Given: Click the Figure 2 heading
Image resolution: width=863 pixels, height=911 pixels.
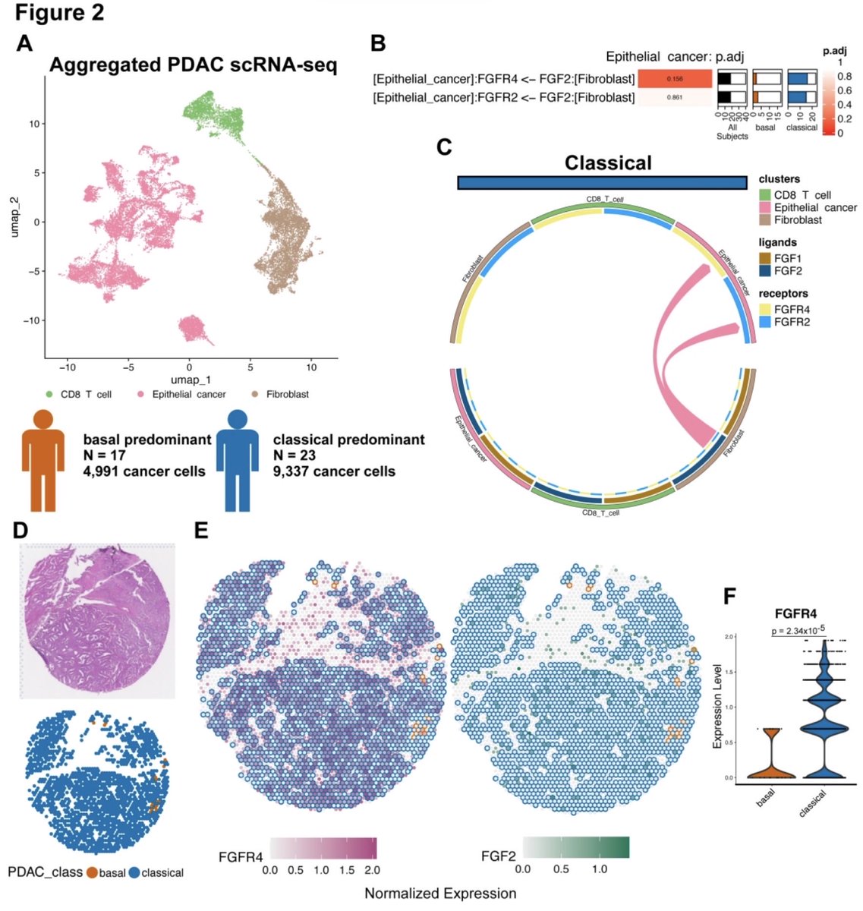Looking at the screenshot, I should pos(60,13).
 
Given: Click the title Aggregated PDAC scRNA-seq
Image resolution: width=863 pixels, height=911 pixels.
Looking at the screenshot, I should pos(194,65).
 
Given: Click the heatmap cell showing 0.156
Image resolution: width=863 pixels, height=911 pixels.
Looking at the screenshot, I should pos(674,79).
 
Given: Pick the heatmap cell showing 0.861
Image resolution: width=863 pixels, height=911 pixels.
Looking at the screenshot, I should pos(674,97).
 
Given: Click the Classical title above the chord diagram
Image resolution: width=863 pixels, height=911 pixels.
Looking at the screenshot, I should pos(607,162).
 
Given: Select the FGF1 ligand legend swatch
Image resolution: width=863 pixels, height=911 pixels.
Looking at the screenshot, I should pos(765,259).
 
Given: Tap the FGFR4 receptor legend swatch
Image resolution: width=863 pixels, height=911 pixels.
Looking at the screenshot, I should pos(765,310).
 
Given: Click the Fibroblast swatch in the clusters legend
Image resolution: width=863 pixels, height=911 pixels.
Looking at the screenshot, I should pos(765,220).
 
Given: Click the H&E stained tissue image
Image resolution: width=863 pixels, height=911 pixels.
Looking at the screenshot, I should pos(97,621).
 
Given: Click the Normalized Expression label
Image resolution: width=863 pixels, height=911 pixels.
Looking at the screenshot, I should pos(440,893).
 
